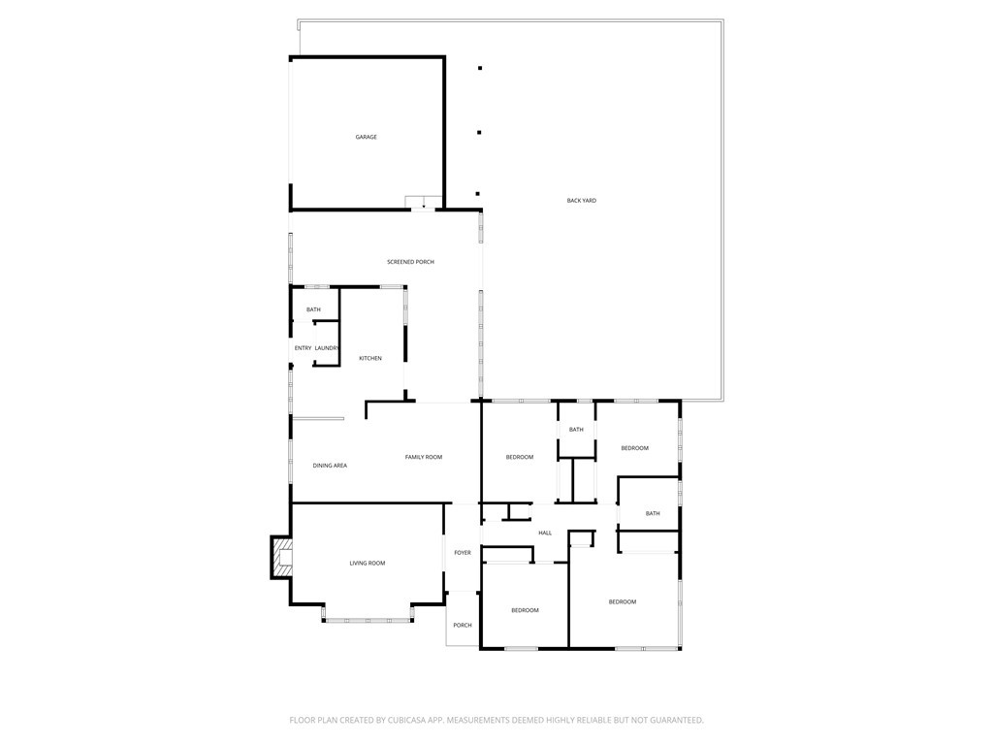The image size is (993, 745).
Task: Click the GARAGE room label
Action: [366, 138]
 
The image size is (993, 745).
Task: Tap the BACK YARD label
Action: [582, 201]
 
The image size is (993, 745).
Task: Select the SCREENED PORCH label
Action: [410, 262]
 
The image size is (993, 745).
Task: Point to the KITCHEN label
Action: [370, 359]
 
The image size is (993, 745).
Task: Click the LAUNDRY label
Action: [327, 348]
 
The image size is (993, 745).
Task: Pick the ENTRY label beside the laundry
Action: [303, 348]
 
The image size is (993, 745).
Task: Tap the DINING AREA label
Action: [330, 466]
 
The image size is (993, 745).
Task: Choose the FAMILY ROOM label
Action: [424, 457]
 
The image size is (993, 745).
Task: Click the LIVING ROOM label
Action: [368, 564]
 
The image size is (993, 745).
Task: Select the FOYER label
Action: [463, 553]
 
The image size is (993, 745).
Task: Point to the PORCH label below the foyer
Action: [463, 626]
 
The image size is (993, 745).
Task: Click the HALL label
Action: [545, 533]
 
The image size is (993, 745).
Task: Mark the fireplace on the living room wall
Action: [281, 557]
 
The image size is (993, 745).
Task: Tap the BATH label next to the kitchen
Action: [313, 310]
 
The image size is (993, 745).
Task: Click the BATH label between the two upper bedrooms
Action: [576, 430]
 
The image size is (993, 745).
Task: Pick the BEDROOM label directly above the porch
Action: [525, 610]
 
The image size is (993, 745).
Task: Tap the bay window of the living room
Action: [368, 618]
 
